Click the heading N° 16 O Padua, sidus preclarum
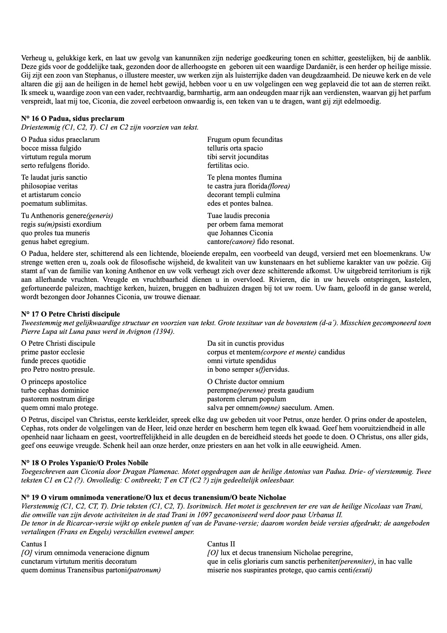click(x=72, y=118)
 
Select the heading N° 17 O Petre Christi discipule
click(x=70, y=314)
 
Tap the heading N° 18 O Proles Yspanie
click(x=84, y=463)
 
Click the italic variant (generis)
click(x=100, y=215)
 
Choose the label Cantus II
click(x=221, y=544)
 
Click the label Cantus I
click(x=34, y=544)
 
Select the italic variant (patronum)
click(x=143, y=570)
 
